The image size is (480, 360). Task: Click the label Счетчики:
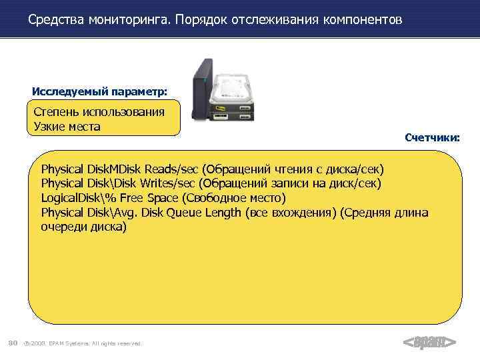432,138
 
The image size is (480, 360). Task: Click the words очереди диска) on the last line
83,227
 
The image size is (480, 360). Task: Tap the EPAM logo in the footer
430,343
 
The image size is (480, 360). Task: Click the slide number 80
12,343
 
